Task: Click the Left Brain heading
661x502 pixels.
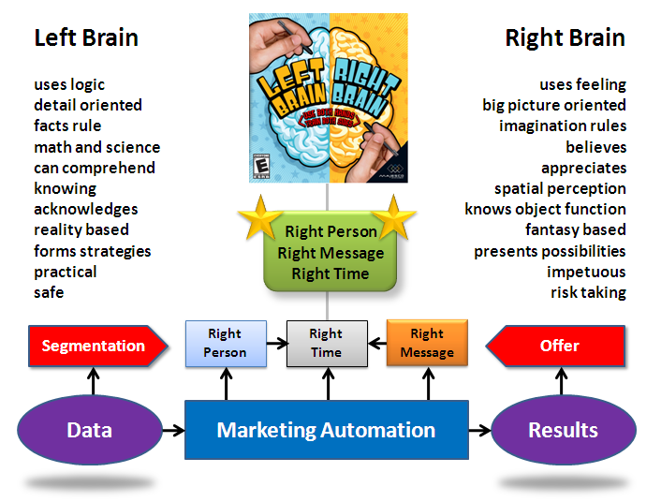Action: pos(86,38)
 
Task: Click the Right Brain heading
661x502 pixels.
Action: pos(565,38)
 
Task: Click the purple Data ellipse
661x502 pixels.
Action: pos(89,431)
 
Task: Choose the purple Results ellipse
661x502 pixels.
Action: pos(563,431)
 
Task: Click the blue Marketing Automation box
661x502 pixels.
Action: pos(326,431)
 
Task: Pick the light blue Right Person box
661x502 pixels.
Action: pos(225,343)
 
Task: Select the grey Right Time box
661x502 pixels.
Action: pos(326,343)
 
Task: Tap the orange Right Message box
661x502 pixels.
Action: pos(427,343)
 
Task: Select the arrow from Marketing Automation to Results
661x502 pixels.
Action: pos(479,431)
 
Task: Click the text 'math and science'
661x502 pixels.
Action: pos(96,147)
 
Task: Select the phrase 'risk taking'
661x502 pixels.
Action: pos(588,293)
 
